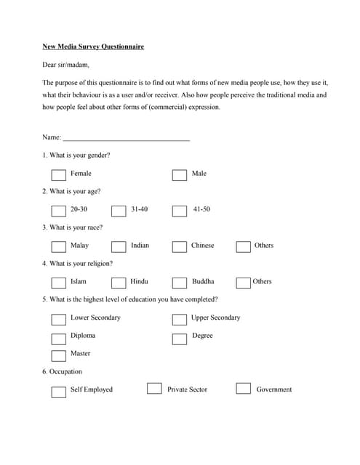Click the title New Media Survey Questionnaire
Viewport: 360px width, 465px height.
point(92,46)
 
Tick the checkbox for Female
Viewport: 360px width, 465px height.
point(59,175)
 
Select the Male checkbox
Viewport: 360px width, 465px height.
point(180,175)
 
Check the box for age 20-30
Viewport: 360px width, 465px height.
point(59,211)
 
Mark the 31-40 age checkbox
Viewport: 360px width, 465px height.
point(119,211)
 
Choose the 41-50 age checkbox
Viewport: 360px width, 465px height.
point(180,211)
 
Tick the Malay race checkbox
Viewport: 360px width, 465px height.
point(59,247)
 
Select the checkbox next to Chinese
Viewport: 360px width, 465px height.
point(180,247)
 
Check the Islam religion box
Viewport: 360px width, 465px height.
point(59,283)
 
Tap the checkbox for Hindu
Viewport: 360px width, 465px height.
point(119,283)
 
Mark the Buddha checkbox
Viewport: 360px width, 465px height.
point(180,283)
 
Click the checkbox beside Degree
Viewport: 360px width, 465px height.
point(180,338)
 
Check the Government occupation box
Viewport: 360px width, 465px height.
point(243,389)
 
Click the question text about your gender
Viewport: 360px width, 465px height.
point(79,155)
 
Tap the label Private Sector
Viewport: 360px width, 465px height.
point(187,389)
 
